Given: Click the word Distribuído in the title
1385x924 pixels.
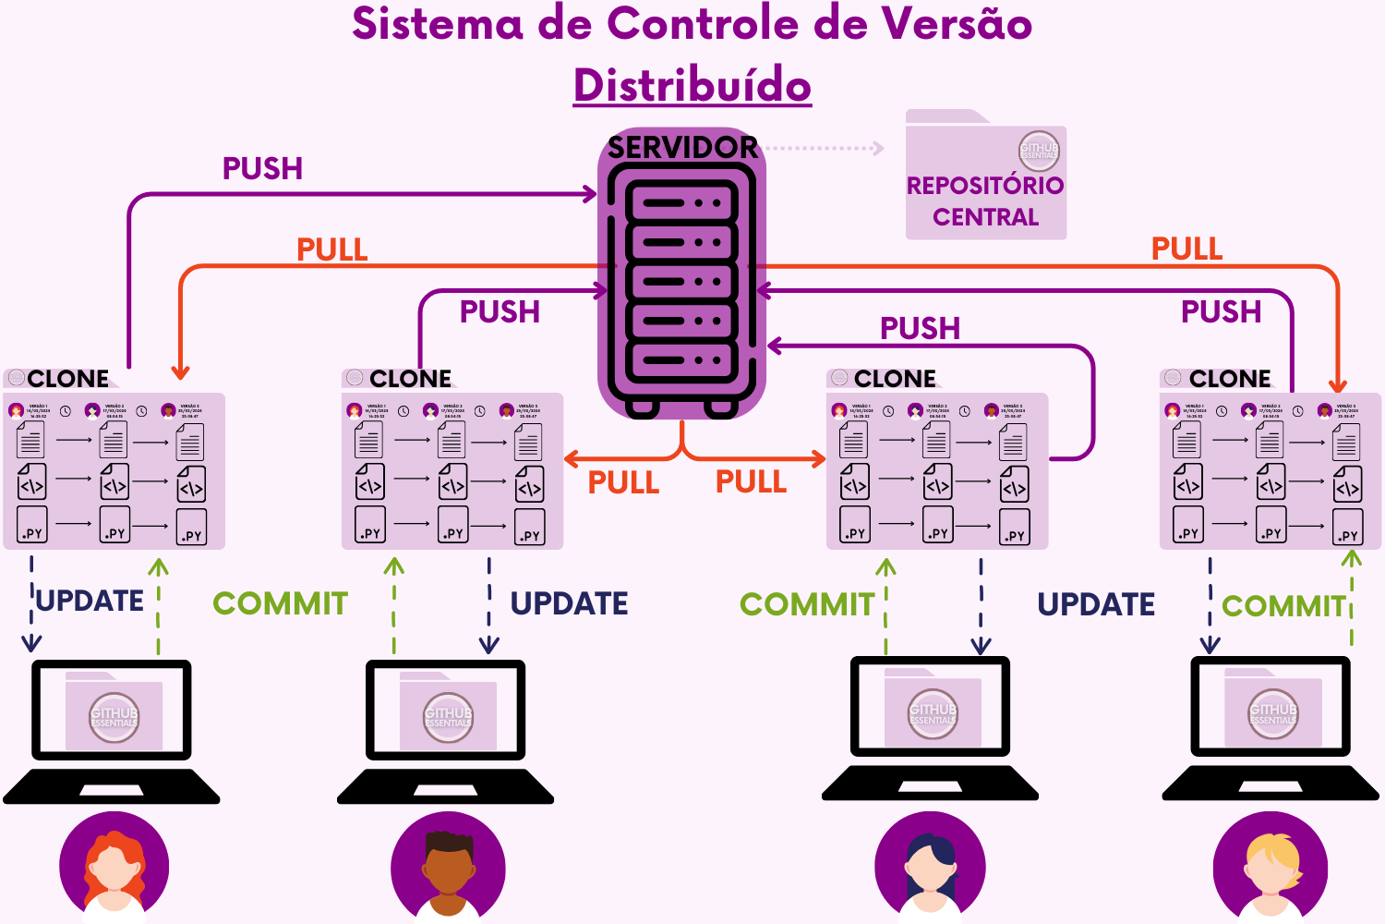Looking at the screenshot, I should point(692,85).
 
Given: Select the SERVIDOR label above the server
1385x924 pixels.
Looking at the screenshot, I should point(682,147).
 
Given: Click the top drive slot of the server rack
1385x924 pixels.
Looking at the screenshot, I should point(681,202).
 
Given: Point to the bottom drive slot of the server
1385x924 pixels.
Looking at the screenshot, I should point(681,360).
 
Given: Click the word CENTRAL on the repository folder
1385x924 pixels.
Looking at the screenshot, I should point(985,217).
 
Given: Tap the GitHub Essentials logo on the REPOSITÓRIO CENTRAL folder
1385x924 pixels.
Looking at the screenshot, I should point(1039,151).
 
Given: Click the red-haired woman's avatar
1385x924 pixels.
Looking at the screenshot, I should point(114,867).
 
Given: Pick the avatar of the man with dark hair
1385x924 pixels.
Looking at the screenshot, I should point(448,867).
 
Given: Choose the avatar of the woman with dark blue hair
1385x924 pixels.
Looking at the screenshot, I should point(930,867).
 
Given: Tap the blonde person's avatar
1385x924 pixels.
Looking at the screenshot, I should point(1271,867).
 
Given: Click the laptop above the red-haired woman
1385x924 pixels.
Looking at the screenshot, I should point(112,730).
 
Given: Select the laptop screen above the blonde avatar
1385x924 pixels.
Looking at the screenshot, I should point(1271,706).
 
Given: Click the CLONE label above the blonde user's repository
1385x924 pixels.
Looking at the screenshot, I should point(1230,379).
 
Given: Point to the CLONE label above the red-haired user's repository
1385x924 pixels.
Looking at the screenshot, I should point(68,379).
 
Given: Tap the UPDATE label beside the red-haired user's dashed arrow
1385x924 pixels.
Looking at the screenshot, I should point(90,601).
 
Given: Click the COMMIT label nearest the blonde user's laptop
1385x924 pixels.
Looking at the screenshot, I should point(1283,606).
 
